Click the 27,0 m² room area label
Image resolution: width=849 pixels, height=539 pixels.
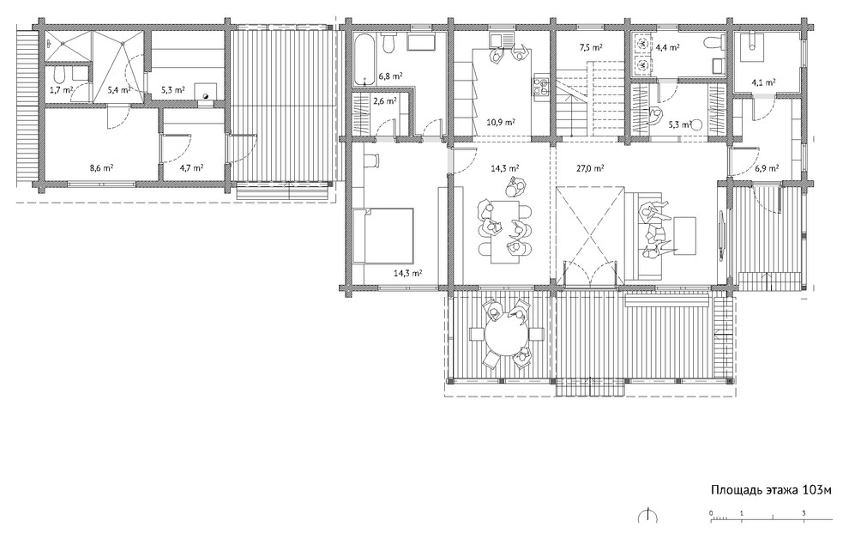click(591, 168)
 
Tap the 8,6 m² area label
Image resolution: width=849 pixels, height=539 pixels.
click(101, 168)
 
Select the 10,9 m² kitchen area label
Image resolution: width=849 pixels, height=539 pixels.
click(501, 122)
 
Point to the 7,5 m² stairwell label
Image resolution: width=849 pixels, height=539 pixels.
click(591, 48)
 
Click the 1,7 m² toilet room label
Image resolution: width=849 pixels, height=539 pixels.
click(61, 89)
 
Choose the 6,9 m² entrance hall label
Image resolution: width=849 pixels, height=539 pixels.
click(767, 168)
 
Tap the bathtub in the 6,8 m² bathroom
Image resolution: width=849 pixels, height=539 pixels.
click(364, 59)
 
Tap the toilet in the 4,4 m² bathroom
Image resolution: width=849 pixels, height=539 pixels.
click(715, 42)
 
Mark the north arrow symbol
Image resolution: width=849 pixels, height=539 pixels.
click(648, 515)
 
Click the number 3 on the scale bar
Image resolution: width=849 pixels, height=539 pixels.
click(804, 513)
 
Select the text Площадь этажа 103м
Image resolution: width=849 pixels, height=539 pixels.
click(771, 490)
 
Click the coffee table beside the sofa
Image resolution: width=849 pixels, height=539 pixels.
click(685, 235)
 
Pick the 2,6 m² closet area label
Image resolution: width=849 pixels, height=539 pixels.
click(385, 100)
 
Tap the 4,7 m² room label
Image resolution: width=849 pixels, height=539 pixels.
click(192, 168)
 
